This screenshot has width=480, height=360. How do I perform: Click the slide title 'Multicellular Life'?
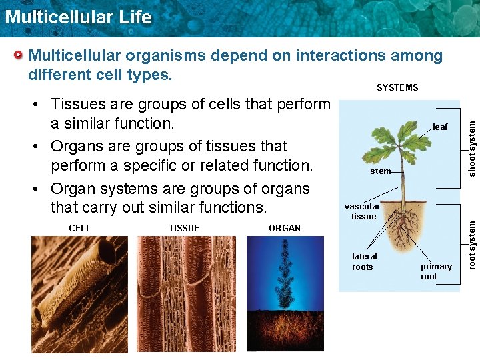[x=78, y=17]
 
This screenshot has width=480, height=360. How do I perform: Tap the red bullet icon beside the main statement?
[x=20, y=55]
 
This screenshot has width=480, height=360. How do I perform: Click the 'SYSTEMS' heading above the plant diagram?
[x=397, y=87]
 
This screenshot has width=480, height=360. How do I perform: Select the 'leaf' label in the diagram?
[x=440, y=127]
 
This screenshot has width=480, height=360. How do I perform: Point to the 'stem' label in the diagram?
[x=380, y=171]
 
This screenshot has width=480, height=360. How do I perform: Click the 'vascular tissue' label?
[x=362, y=211]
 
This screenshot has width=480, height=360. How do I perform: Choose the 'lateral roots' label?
[x=363, y=261]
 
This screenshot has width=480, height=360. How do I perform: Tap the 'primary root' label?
[x=436, y=271]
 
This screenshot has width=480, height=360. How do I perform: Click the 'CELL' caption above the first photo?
[x=80, y=228]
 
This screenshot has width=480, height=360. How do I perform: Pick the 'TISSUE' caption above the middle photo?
[x=184, y=228]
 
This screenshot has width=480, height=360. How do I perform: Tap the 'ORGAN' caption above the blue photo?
[x=285, y=228]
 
